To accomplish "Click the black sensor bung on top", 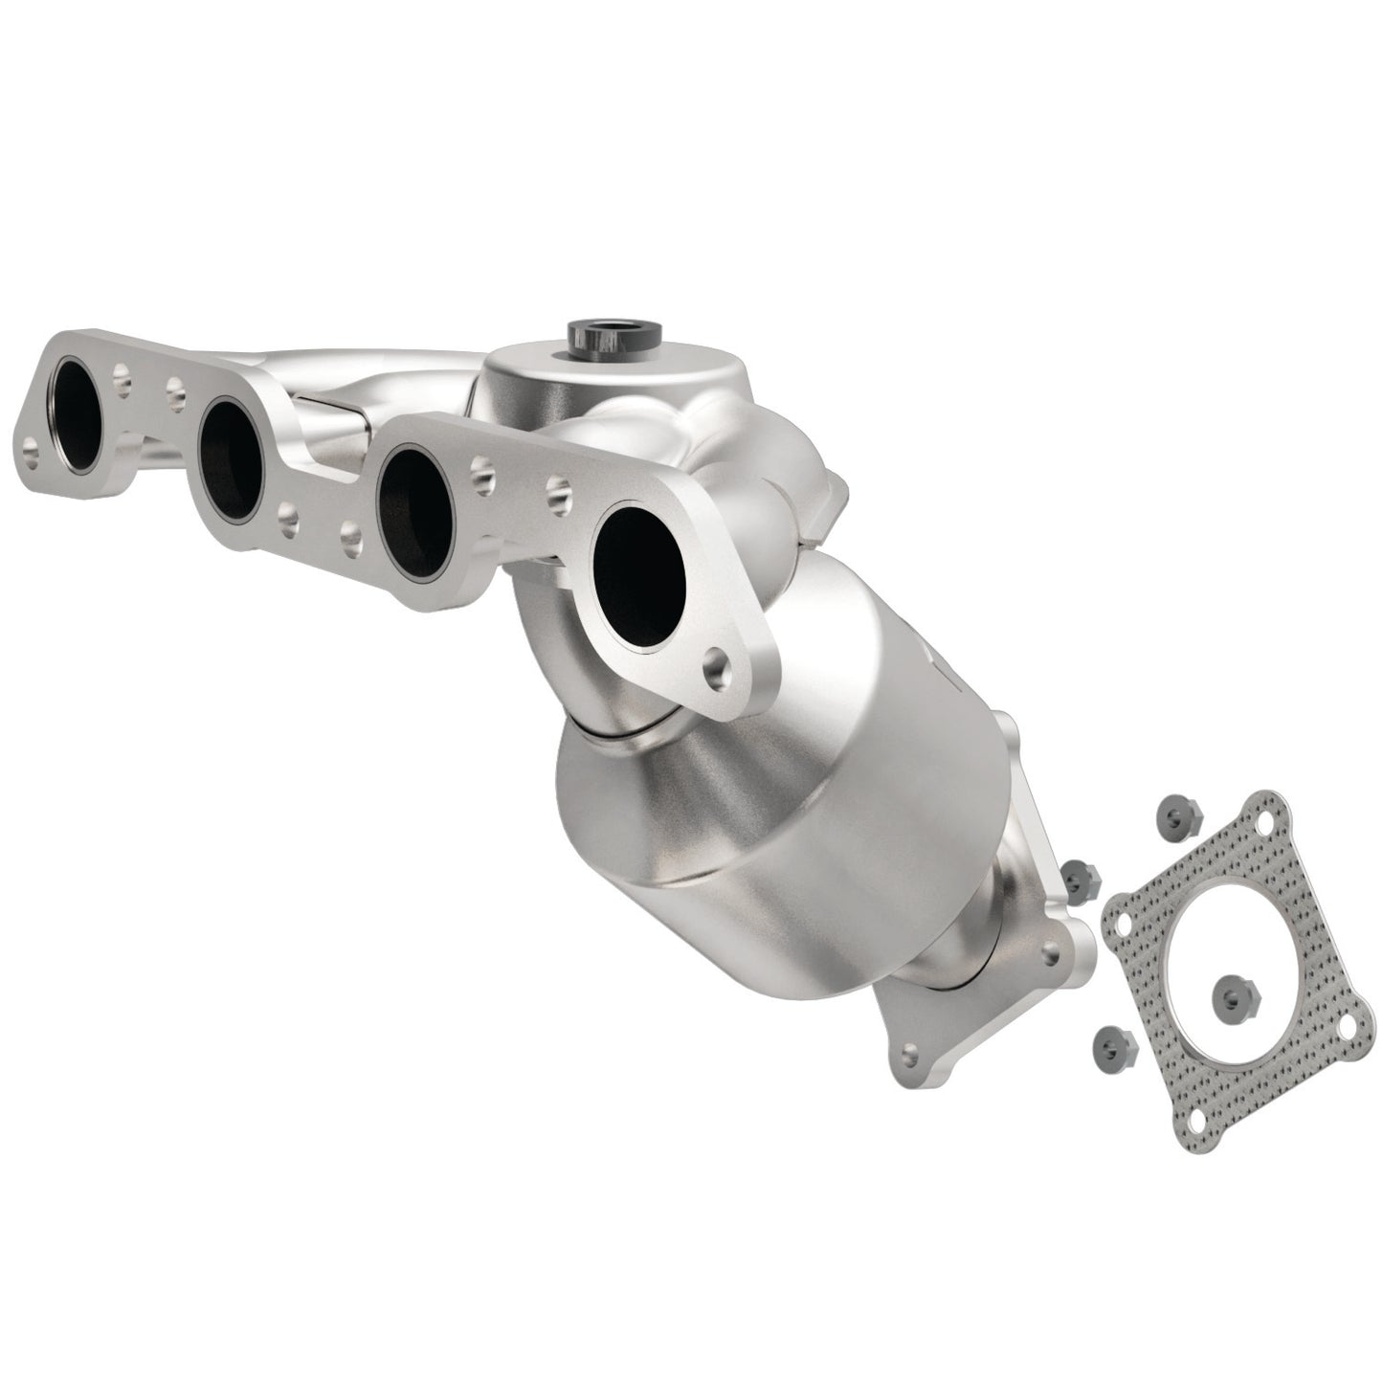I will (599, 336).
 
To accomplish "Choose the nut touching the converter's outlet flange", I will (1079, 874).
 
